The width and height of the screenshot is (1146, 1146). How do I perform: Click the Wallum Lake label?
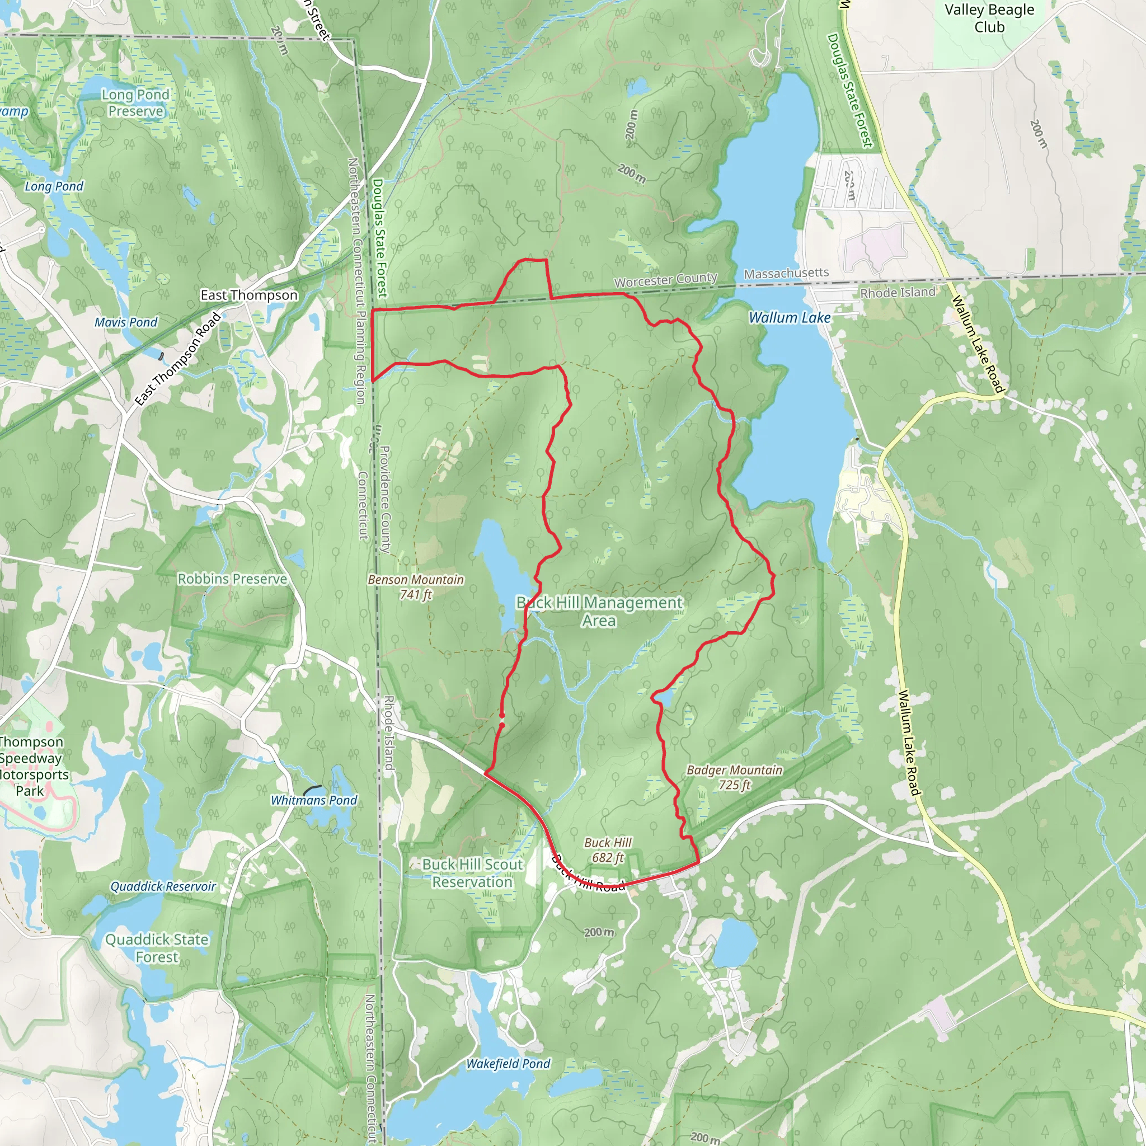[790, 318]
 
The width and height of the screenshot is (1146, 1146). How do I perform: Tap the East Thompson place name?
[249, 295]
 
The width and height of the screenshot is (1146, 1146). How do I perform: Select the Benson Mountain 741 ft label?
[416, 586]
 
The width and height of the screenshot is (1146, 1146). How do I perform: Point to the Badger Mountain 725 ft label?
[734, 777]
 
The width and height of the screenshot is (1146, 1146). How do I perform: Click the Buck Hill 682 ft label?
[608, 849]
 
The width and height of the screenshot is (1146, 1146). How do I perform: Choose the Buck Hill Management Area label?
[599, 611]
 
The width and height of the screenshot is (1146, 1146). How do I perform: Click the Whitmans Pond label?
[314, 800]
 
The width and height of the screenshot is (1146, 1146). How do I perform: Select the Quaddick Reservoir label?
[163, 886]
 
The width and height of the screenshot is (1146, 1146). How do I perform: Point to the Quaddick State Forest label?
[157, 948]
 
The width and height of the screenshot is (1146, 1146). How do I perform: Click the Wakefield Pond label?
[508, 1064]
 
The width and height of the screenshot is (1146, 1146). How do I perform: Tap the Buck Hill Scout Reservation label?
[472, 873]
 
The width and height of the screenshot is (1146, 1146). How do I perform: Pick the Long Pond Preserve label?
[135, 102]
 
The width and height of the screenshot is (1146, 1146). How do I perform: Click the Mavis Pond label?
[126, 322]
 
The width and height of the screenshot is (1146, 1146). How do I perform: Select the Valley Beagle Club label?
[989, 18]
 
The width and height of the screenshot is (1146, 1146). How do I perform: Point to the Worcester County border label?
[665, 279]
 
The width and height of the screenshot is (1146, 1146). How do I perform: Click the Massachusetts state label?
[786, 274]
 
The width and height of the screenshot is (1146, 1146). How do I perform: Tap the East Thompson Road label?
[178, 359]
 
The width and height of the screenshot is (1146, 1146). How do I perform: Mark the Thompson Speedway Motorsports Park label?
[32, 766]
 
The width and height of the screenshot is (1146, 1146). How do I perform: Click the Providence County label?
[385, 499]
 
